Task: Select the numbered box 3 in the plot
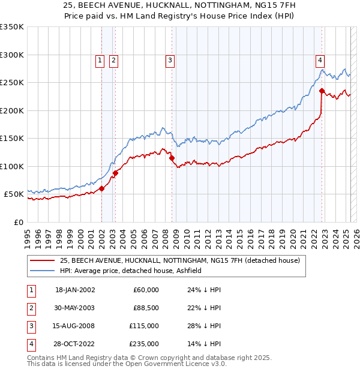click(x=170, y=60)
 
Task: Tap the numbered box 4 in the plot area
click(x=320, y=60)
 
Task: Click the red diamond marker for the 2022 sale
click(x=322, y=91)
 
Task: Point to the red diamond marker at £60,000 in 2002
click(x=101, y=188)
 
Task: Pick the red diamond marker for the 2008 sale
click(x=172, y=158)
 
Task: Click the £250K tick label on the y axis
click(x=12, y=83)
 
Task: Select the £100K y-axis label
click(x=12, y=166)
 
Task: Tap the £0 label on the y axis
click(x=19, y=222)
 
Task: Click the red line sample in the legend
click(x=42, y=260)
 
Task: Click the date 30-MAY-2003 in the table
click(x=75, y=308)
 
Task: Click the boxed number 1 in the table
click(x=30, y=290)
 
